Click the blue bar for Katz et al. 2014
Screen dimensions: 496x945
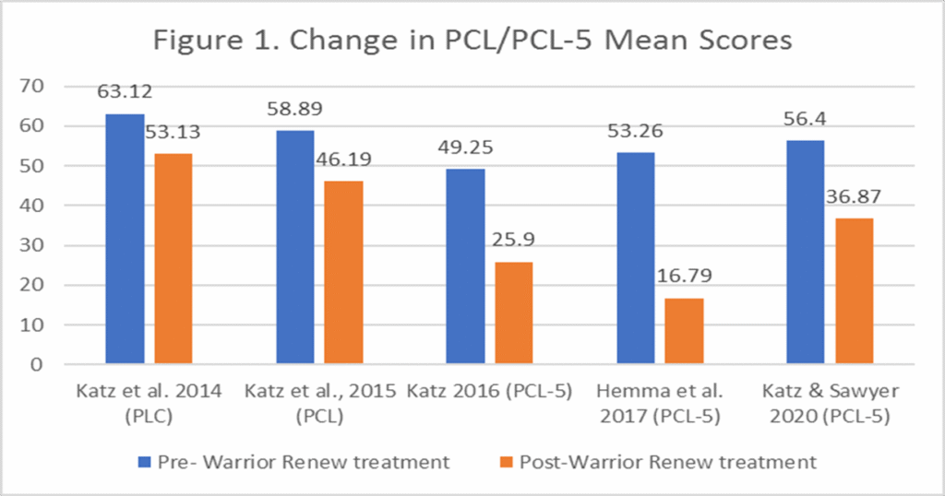(x=125, y=239)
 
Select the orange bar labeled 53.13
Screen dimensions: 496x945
(x=173, y=259)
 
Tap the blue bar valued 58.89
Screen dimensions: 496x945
(x=295, y=247)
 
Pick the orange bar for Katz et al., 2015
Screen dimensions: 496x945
(x=343, y=273)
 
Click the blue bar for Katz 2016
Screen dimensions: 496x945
(x=465, y=266)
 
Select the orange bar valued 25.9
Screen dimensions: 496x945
(x=513, y=313)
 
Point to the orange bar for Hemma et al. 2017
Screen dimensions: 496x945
(x=684, y=331)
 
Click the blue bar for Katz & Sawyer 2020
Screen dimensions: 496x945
(x=805, y=253)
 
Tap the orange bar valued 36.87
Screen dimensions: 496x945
(x=854, y=291)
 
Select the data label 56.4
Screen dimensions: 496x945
(x=805, y=119)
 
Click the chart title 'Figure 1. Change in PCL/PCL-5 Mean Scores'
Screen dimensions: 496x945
(x=472, y=41)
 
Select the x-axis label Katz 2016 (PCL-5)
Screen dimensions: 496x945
(x=489, y=391)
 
